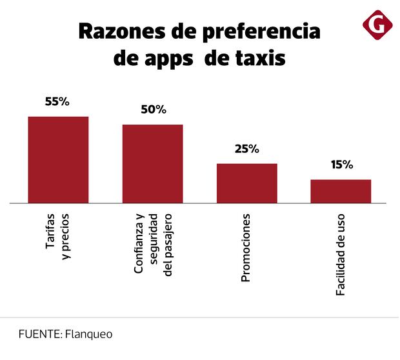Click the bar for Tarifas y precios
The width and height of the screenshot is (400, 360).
click(58, 159)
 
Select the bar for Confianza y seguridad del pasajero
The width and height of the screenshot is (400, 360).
click(153, 163)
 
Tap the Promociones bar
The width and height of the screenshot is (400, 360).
click(246, 183)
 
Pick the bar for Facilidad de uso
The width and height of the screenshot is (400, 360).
click(341, 191)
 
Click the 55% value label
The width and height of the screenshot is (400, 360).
click(57, 102)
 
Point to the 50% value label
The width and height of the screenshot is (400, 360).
click(153, 110)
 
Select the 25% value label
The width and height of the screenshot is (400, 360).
click(246, 149)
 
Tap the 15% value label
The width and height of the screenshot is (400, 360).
click(341, 165)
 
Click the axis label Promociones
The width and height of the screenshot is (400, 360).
click(246, 248)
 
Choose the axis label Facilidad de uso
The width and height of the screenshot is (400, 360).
click(341, 255)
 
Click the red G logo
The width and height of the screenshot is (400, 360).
click(377, 25)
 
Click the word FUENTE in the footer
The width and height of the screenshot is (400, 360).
click(39, 335)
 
